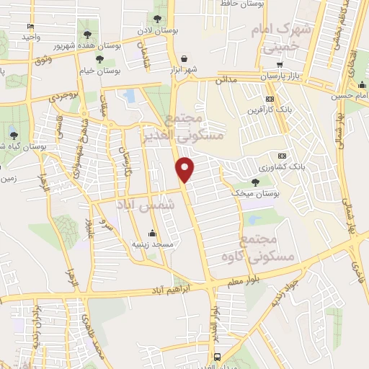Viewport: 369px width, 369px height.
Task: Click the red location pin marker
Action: coord(185,169)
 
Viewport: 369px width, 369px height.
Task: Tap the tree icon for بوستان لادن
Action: coord(158,19)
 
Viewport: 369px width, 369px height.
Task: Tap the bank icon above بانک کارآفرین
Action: coord(270,99)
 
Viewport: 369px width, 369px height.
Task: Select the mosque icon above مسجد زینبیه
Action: coord(152,234)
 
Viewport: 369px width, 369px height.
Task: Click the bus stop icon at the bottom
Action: coord(218,357)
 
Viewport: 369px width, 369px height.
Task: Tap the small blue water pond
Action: coord(130,95)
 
